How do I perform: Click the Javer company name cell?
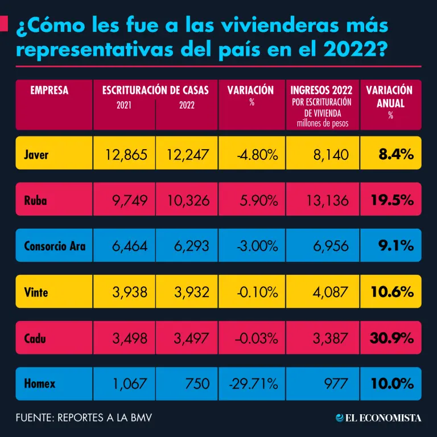tap(36, 154)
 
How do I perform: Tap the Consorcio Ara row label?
tap(55, 246)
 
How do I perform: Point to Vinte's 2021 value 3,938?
tap(126, 292)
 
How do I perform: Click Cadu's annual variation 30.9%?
tap(391, 338)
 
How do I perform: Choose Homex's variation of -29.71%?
tap(253, 384)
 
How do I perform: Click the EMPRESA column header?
tap(50, 90)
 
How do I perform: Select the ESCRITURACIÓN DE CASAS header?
tap(155, 90)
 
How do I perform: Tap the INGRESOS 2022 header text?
tap(321, 90)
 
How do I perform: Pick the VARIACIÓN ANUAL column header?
tap(390, 96)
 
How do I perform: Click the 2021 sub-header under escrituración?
tap(124, 105)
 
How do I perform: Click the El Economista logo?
tap(378, 418)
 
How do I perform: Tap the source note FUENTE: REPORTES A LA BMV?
tap(84, 418)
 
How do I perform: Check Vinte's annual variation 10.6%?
tap(391, 292)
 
